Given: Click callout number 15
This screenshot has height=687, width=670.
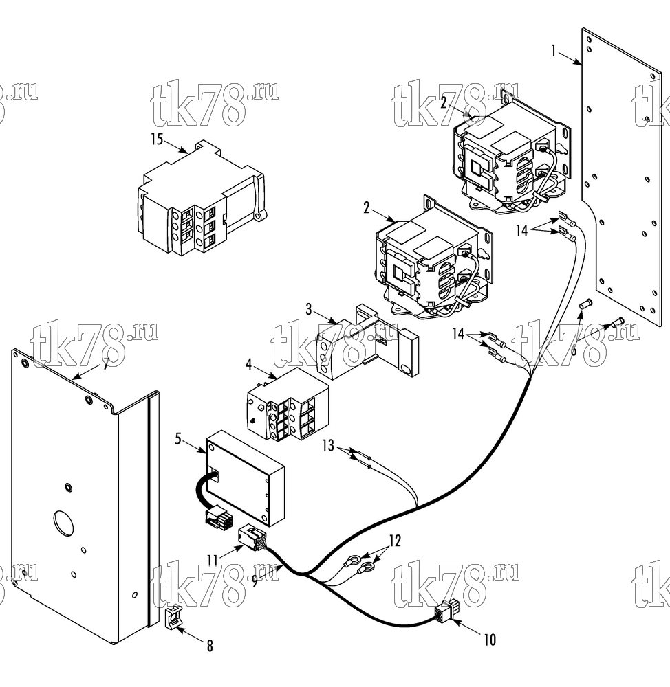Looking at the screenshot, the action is click(x=157, y=139).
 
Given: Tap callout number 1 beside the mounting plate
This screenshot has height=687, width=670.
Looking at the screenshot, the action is click(x=554, y=52).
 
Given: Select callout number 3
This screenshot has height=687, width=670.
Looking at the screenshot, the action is click(x=309, y=309).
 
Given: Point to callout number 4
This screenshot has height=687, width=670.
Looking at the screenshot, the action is click(x=249, y=365).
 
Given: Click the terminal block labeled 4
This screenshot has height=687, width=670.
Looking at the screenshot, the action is click(x=288, y=404).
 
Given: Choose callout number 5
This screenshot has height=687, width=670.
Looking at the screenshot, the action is click(x=178, y=438).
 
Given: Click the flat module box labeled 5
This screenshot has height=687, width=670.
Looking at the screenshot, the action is click(x=246, y=477).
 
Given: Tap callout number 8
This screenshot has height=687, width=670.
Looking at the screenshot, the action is click(x=210, y=646).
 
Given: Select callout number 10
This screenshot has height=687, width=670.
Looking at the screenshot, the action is click(x=490, y=640).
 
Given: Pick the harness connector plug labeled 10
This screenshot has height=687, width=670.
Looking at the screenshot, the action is click(x=445, y=613).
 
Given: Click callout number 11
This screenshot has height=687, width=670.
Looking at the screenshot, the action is click(x=213, y=561).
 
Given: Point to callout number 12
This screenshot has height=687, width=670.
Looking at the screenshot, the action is click(x=395, y=541).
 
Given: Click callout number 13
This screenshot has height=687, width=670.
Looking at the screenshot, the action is click(x=328, y=446).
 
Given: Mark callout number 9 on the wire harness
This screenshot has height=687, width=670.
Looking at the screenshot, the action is click(x=255, y=581).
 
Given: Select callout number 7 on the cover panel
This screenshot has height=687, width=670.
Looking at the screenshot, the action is click(x=105, y=364).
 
